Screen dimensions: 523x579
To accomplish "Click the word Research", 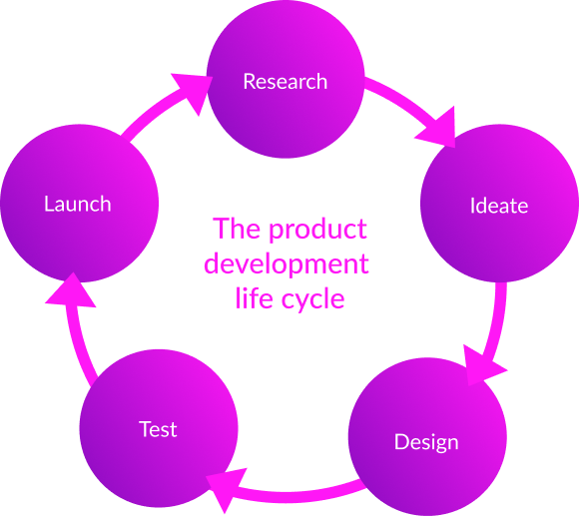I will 286,81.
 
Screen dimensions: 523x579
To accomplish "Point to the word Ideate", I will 499,206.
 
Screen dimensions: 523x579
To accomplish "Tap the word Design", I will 426,441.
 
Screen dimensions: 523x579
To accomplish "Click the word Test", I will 158,429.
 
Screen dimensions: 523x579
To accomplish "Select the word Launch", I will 78,204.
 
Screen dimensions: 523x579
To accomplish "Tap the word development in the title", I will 288,264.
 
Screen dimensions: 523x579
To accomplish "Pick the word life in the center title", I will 253,297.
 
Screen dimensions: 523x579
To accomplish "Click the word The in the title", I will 237,230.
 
